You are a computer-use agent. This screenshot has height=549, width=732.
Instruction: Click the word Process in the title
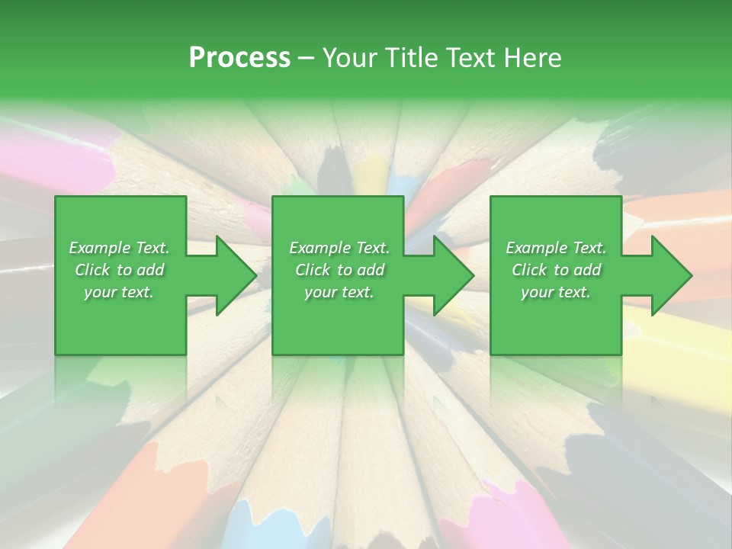click(x=239, y=58)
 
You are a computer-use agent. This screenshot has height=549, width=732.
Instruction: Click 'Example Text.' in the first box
click(x=119, y=248)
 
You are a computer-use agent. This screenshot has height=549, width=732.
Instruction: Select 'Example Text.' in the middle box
click(x=339, y=248)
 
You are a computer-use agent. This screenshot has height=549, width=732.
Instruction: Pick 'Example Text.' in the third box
click(x=556, y=248)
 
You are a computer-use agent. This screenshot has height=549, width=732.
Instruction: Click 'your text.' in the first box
click(x=119, y=292)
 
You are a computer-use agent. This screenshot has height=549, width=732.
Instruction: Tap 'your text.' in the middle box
click(x=339, y=292)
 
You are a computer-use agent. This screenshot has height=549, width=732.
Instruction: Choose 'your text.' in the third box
click(x=556, y=292)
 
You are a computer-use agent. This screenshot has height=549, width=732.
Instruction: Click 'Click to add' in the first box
click(x=119, y=270)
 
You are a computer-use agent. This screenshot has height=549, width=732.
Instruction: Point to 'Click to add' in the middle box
click(x=339, y=270)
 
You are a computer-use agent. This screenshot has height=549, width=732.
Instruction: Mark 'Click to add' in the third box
click(x=556, y=270)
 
